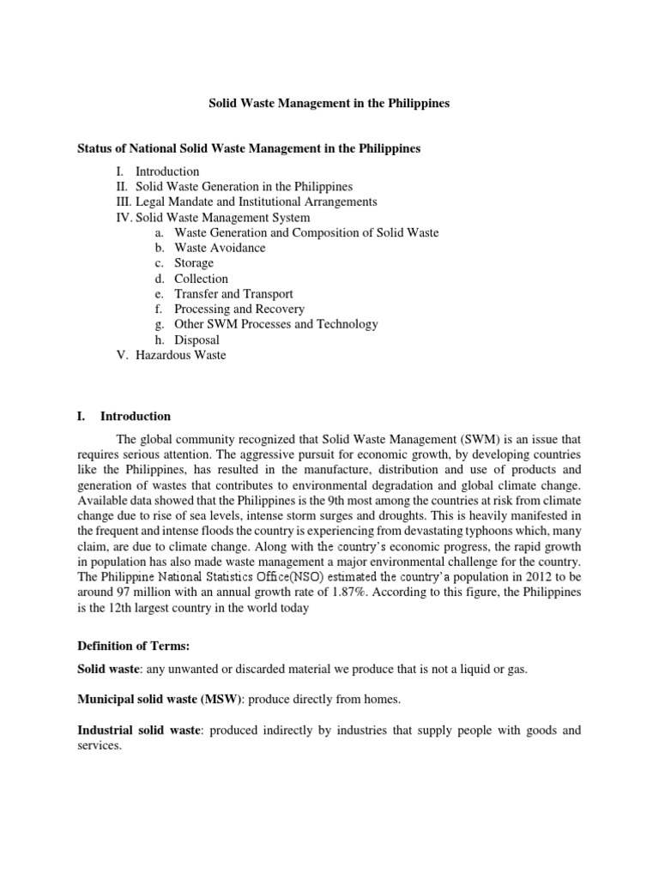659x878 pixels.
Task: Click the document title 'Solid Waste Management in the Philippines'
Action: [329, 103]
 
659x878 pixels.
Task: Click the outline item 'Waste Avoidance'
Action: [220, 248]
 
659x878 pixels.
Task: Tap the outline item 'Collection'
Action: [201, 279]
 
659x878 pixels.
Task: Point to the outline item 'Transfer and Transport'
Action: [233, 294]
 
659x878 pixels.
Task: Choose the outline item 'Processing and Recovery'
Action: [239, 309]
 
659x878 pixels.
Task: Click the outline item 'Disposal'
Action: [196, 340]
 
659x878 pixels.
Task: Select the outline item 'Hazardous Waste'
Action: [180, 355]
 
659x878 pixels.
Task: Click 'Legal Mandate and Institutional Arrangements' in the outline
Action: [256, 201]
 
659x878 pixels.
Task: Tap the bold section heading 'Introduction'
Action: [136, 417]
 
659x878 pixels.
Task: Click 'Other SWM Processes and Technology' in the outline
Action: [275, 324]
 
